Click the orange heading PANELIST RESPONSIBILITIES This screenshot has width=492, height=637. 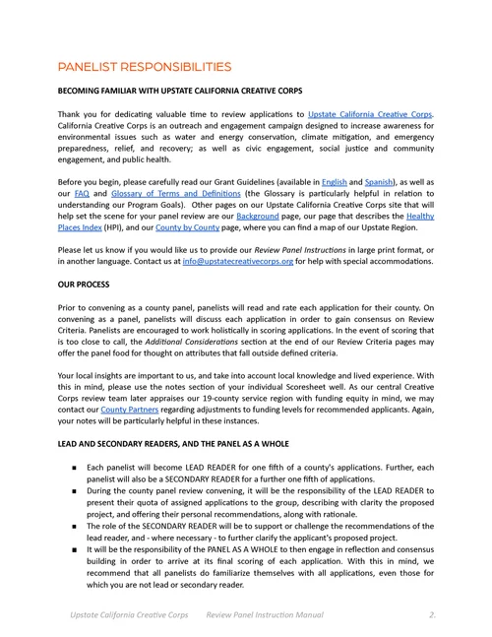[145, 67]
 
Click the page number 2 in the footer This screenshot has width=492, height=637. [432, 614]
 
